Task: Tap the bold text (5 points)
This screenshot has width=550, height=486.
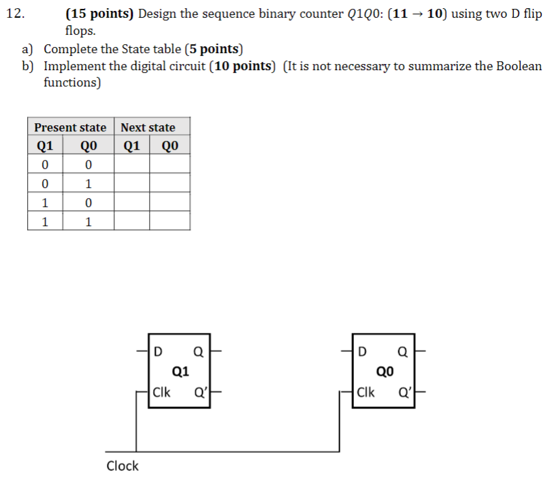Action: click(x=213, y=49)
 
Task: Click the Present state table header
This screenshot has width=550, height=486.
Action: click(x=70, y=127)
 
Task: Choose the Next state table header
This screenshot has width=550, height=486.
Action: click(x=148, y=127)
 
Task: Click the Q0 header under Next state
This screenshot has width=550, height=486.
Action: click(x=170, y=146)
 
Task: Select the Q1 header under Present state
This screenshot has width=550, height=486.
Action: click(x=44, y=146)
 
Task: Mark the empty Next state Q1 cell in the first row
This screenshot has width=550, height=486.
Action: click(x=131, y=164)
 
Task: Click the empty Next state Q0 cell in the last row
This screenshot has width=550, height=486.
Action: click(x=170, y=221)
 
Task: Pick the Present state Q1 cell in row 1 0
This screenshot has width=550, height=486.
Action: click(x=44, y=202)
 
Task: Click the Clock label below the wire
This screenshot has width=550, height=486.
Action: click(x=123, y=466)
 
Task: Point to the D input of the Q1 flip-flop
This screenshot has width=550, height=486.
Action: click(x=158, y=352)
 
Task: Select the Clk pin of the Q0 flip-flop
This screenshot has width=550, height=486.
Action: click(x=366, y=393)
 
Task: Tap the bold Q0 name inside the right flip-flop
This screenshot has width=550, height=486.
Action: click(x=385, y=372)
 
